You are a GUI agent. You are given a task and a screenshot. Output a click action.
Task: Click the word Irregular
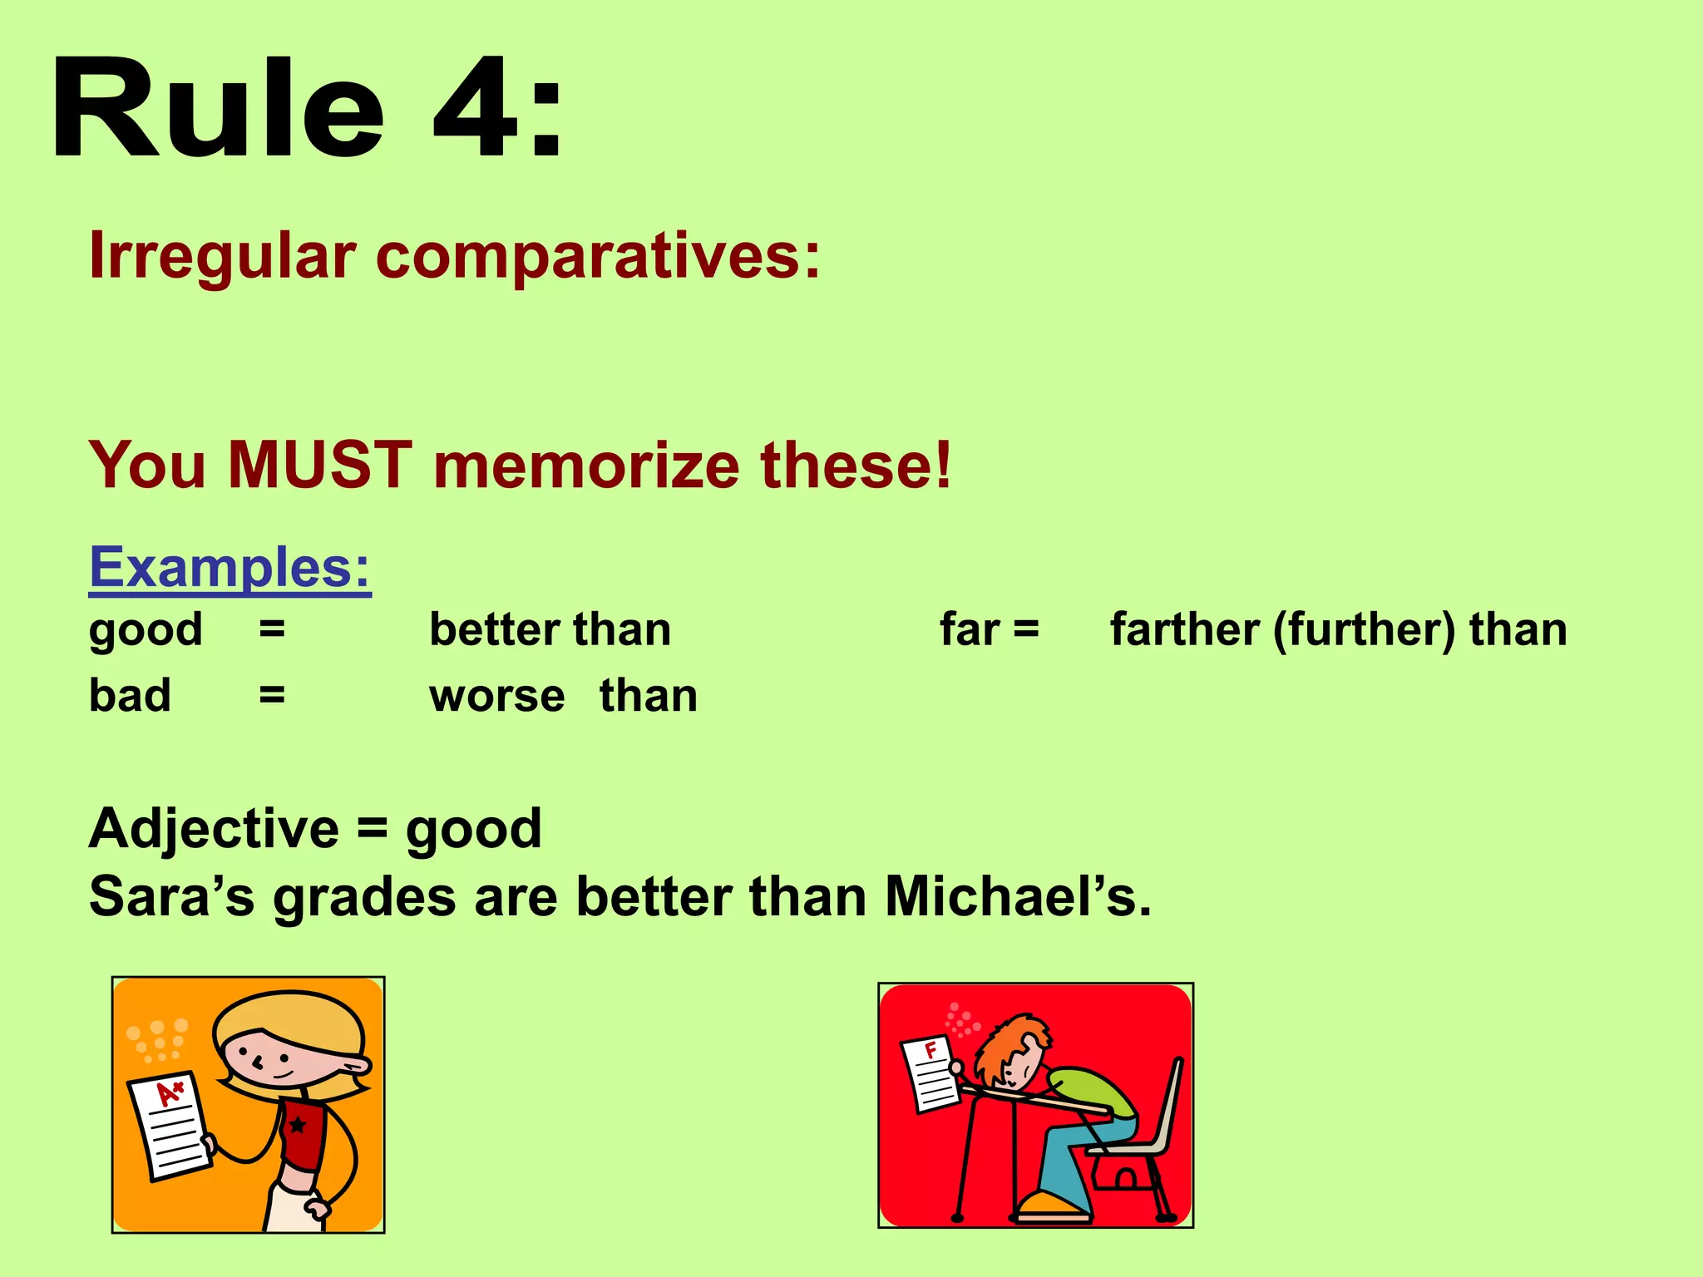(x=222, y=256)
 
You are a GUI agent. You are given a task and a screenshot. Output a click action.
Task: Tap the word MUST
(x=320, y=465)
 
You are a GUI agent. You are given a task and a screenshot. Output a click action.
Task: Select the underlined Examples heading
(x=230, y=568)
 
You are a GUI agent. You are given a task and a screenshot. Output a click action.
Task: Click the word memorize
(x=586, y=465)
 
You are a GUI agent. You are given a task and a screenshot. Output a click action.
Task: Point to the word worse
(x=496, y=696)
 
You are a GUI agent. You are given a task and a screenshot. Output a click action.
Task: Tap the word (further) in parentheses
(x=1365, y=630)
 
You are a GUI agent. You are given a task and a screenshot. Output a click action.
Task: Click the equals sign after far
(x=1026, y=629)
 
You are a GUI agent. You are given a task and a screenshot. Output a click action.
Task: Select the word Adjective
(x=214, y=829)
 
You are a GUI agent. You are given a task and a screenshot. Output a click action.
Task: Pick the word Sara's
(x=171, y=897)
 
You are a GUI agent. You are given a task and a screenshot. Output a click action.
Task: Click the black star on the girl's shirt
(x=297, y=1126)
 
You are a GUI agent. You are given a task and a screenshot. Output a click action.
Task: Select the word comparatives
(x=598, y=256)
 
